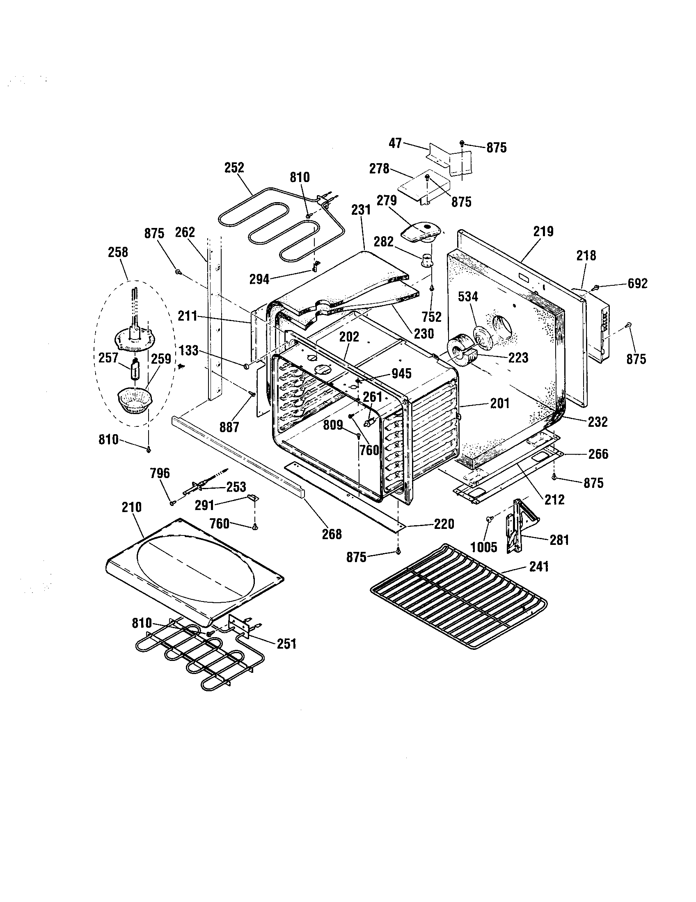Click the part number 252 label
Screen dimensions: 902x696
click(234, 168)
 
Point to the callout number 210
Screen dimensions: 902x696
click(131, 507)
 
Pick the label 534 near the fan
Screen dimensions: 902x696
click(468, 296)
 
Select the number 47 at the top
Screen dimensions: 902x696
click(396, 143)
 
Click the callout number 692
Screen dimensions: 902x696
click(637, 283)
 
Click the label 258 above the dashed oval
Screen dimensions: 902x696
click(118, 252)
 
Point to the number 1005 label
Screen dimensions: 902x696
click(484, 547)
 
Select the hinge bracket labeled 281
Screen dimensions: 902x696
click(519, 525)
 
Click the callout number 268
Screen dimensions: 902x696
click(332, 534)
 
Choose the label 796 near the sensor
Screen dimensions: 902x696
click(160, 473)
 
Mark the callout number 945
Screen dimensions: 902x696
click(401, 374)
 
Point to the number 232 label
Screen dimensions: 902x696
click(598, 421)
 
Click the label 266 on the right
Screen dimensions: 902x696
click(598, 454)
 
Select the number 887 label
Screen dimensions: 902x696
click(229, 427)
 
